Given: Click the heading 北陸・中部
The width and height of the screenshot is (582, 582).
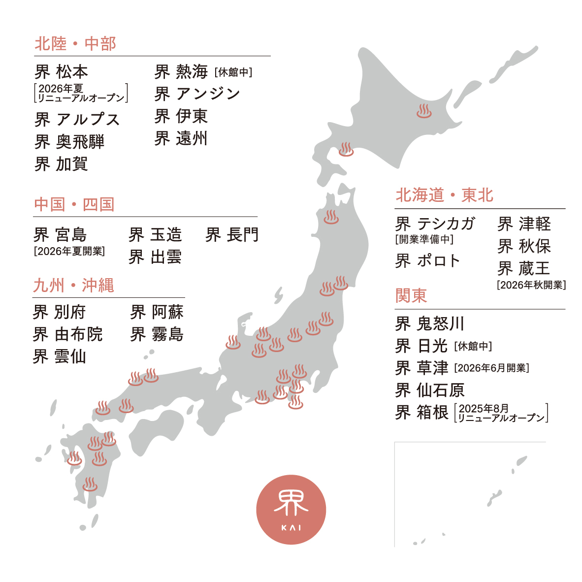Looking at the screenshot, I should click(75, 44).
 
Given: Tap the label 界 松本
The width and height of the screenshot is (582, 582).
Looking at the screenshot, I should click(62, 72).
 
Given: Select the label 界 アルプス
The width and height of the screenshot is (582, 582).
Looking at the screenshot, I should click(77, 120).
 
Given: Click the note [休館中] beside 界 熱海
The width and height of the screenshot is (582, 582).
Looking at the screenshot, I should click(233, 72).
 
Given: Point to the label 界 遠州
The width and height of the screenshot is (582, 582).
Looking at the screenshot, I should click(181, 138).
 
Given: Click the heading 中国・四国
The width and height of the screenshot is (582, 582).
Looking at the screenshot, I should click(74, 204).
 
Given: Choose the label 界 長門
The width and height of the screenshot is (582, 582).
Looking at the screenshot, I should click(232, 235).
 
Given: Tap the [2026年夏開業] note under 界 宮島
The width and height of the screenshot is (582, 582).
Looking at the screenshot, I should click(69, 251).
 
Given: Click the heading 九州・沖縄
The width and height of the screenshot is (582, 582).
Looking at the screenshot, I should click(73, 286).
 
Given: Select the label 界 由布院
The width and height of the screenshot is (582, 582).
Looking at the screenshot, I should click(67, 334).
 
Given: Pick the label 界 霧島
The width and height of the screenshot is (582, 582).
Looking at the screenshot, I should click(157, 334).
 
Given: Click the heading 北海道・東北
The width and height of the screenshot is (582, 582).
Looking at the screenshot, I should click(445, 195).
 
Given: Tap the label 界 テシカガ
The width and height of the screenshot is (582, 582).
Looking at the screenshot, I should click(435, 224).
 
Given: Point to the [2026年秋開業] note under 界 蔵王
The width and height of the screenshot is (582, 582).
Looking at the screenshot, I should click(531, 285).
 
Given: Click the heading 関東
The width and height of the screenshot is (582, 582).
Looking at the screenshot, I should click(411, 295).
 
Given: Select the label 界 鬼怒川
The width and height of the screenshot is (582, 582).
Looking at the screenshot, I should click(430, 323).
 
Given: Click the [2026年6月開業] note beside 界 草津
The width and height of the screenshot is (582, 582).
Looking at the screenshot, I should click(491, 368).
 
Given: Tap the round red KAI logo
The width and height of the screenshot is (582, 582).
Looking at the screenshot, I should click(291, 510).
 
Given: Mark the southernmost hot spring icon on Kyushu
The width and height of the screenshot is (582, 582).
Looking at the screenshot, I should click(90, 484).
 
